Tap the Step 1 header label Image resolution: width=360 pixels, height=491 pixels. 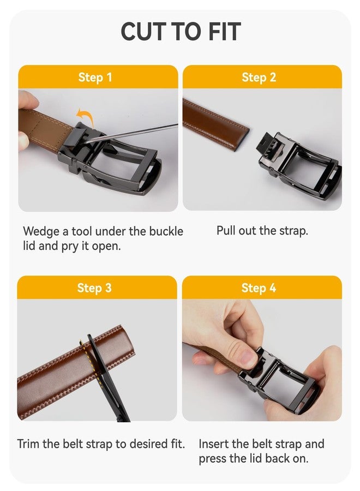tap(95, 77)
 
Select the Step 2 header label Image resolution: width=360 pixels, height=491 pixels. tap(259, 77)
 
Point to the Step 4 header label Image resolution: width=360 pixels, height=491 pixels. tap(259, 288)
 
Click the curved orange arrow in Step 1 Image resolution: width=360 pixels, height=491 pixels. tap(85, 116)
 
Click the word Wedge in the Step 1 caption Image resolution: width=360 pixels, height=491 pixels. tap(41, 231)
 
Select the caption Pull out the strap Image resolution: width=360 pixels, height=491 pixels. tap(262, 230)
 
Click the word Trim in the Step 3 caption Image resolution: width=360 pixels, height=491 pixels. tap(28, 444)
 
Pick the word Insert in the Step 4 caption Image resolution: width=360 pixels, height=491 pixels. tap(213, 444)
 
